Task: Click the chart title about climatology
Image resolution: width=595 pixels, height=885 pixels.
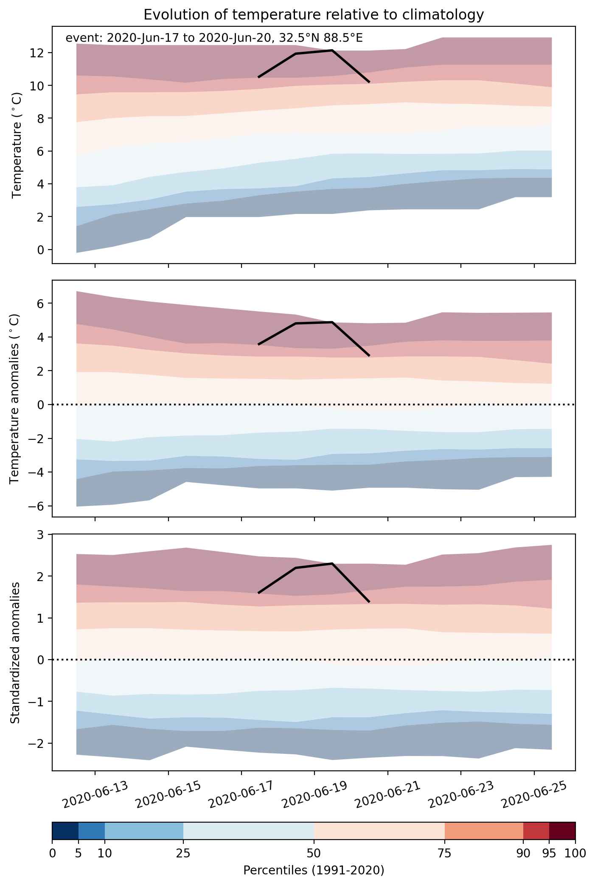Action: click(x=314, y=15)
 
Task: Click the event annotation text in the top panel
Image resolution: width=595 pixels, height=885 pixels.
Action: click(x=214, y=38)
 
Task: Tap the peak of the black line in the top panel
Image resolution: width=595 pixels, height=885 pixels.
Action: click(x=332, y=51)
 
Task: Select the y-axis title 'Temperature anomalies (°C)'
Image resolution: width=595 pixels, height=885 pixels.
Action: click(x=15, y=399)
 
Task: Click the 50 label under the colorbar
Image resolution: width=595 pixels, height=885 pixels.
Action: click(x=314, y=853)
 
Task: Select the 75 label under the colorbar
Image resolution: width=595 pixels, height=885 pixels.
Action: click(x=445, y=853)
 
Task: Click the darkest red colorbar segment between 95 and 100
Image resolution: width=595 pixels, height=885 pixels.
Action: click(x=562, y=831)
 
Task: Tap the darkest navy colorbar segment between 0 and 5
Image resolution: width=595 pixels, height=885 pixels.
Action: click(x=65, y=831)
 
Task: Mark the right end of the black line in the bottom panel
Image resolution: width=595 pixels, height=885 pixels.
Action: click(x=369, y=602)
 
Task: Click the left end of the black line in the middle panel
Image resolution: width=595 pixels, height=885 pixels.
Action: click(x=258, y=344)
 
